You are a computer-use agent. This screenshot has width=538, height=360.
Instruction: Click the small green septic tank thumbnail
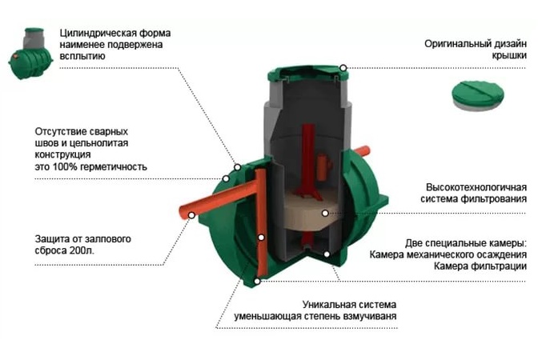click(31, 54)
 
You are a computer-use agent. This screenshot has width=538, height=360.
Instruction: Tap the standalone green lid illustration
click(478, 95)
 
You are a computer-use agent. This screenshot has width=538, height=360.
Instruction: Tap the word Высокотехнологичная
click(476, 187)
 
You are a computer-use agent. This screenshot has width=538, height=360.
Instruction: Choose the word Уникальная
click(330, 305)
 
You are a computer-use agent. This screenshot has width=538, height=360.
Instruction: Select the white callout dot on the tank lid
click(343, 68)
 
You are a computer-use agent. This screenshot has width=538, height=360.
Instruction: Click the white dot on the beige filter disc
click(325, 214)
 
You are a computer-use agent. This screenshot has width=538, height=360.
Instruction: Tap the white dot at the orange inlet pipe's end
click(192, 215)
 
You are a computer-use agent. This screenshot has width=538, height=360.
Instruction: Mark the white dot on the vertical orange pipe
click(261, 238)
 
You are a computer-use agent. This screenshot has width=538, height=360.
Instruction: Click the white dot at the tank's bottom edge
click(257, 281)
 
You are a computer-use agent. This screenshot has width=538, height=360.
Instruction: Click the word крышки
click(509, 56)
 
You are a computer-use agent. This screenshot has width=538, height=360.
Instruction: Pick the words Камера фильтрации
click(480, 266)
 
